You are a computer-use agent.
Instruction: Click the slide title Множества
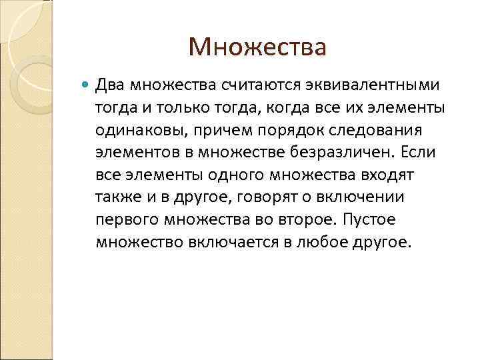257,47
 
